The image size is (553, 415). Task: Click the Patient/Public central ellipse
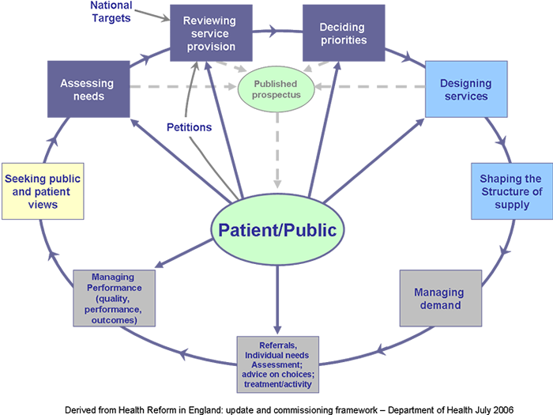pyautogui.click(x=277, y=230)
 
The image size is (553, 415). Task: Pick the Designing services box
pyautogui.click(x=465, y=90)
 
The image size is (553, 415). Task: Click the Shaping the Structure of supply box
pyautogui.click(x=510, y=191)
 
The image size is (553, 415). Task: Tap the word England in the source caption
pyautogui.click(x=197, y=406)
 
